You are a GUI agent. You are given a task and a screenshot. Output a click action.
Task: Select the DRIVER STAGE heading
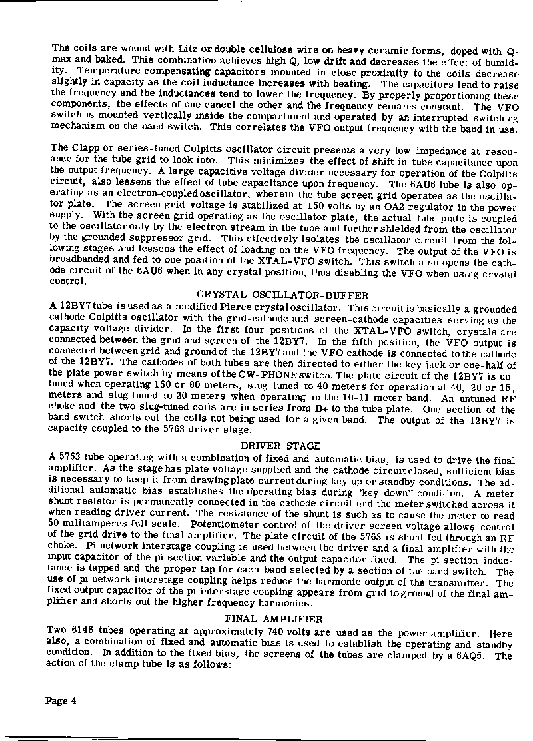click(280, 446)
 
